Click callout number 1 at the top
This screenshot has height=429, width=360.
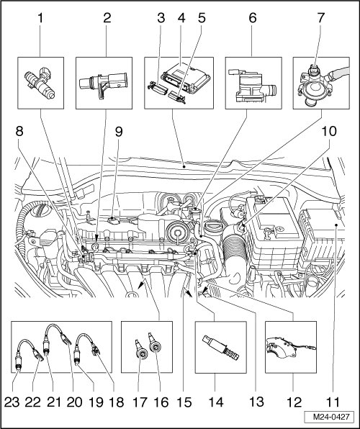coord(40,19)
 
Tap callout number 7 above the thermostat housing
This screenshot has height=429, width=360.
coord(321,18)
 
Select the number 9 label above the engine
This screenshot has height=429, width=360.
coord(119,132)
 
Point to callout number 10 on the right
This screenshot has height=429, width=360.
coord(329,131)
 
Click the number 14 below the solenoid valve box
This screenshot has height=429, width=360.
coord(216,402)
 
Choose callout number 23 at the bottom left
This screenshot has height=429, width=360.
coord(12,402)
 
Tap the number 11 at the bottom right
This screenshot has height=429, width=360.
coord(333,402)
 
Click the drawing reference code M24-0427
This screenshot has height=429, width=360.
coord(331,417)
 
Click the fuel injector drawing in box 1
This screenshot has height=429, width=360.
coord(40,81)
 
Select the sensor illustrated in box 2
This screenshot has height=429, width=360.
coord(103,83)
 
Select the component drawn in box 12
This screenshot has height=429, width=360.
coord(290,348)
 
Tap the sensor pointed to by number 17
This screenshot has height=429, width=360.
coord(142,351)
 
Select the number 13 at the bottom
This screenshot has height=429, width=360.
coord(256,402)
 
